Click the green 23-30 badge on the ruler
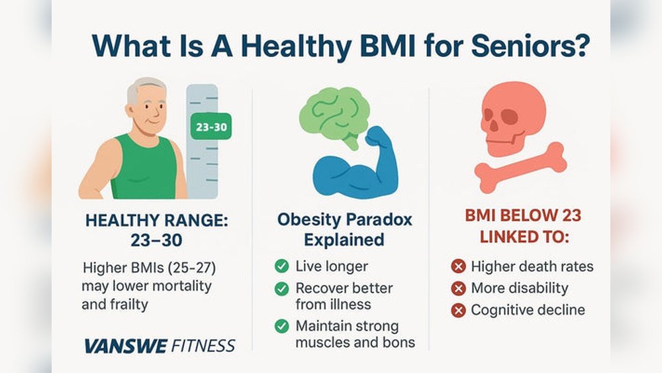pos(211,127)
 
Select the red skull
pos(513,119)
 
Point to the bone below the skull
pos(520,167)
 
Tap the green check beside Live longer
pos(281,266)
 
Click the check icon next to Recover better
pos(281,288)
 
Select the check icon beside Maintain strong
pos(281,326)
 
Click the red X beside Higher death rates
pos(458,266)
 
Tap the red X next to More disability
pos(458,288)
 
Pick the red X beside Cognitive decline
pos(458,311)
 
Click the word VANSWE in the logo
pos(126,346)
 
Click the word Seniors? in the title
pos(530,46)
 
